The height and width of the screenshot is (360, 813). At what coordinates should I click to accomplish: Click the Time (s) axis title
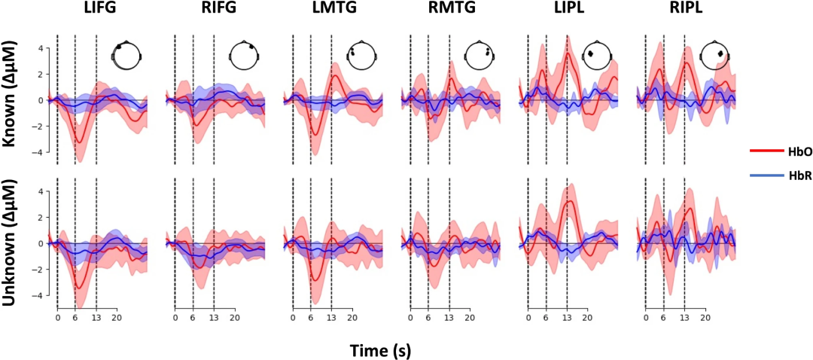(380, 351)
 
